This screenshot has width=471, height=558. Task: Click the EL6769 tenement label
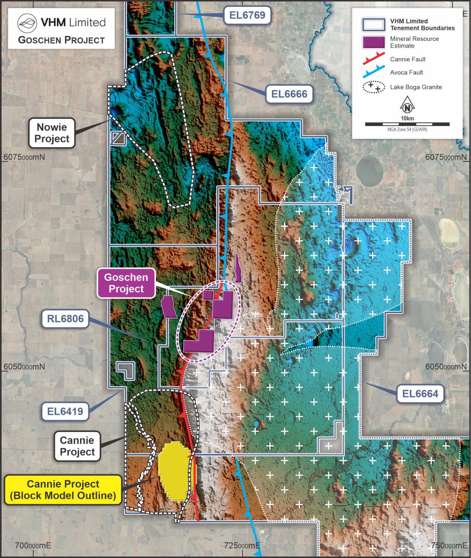pyautogui.click(x=247, y=15)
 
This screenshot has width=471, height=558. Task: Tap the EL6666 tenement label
pyautogui.click(x=289, y=94)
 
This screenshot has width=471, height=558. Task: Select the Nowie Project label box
pyautogui.click(x=52, y=133)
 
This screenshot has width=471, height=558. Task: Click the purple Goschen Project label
pyautogui.click(x=126, y=283)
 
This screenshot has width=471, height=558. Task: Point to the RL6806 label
pyautogui.click(x=65, y=319)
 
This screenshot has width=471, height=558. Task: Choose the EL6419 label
pyautogui.click(x=65, y=411)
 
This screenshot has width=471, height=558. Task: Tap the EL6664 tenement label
pyautogui.click(x=420, y=393)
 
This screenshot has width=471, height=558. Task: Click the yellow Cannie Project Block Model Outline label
pyautogui.click(x=63, y=490)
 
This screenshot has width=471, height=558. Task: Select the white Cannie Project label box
pyautogui.click(x=77, y=446)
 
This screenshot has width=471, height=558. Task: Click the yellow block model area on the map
pyautogui.click(x=173, y=470)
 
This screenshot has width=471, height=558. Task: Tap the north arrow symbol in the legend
pyautogui.click(x=407, y=105)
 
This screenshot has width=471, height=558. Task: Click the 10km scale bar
pyautogui.click(x=407, y=124)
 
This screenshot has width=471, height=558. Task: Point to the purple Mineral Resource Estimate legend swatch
pyautogui.click(x=374, y=42)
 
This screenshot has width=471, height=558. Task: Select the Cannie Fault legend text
pyautogui.click(x=408, y=59)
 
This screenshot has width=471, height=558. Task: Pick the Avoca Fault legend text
pyautogui.click(x=406, y=72)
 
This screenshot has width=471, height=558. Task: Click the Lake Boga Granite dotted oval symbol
pyautogui.click(x=374, y=87)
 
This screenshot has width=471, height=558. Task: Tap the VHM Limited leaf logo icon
pyautogui.click(x=27, y=23)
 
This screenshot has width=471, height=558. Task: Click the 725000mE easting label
pyautogui.click(x=242, y=545)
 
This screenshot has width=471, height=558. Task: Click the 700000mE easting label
pyautogui.click(x=33, y=545)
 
